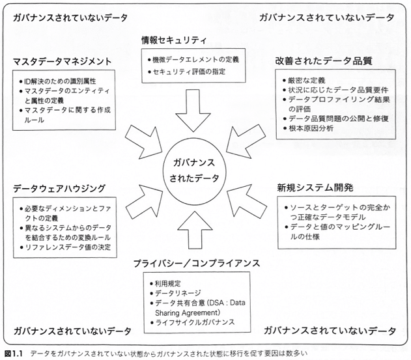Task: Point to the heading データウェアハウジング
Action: click(59, 188)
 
